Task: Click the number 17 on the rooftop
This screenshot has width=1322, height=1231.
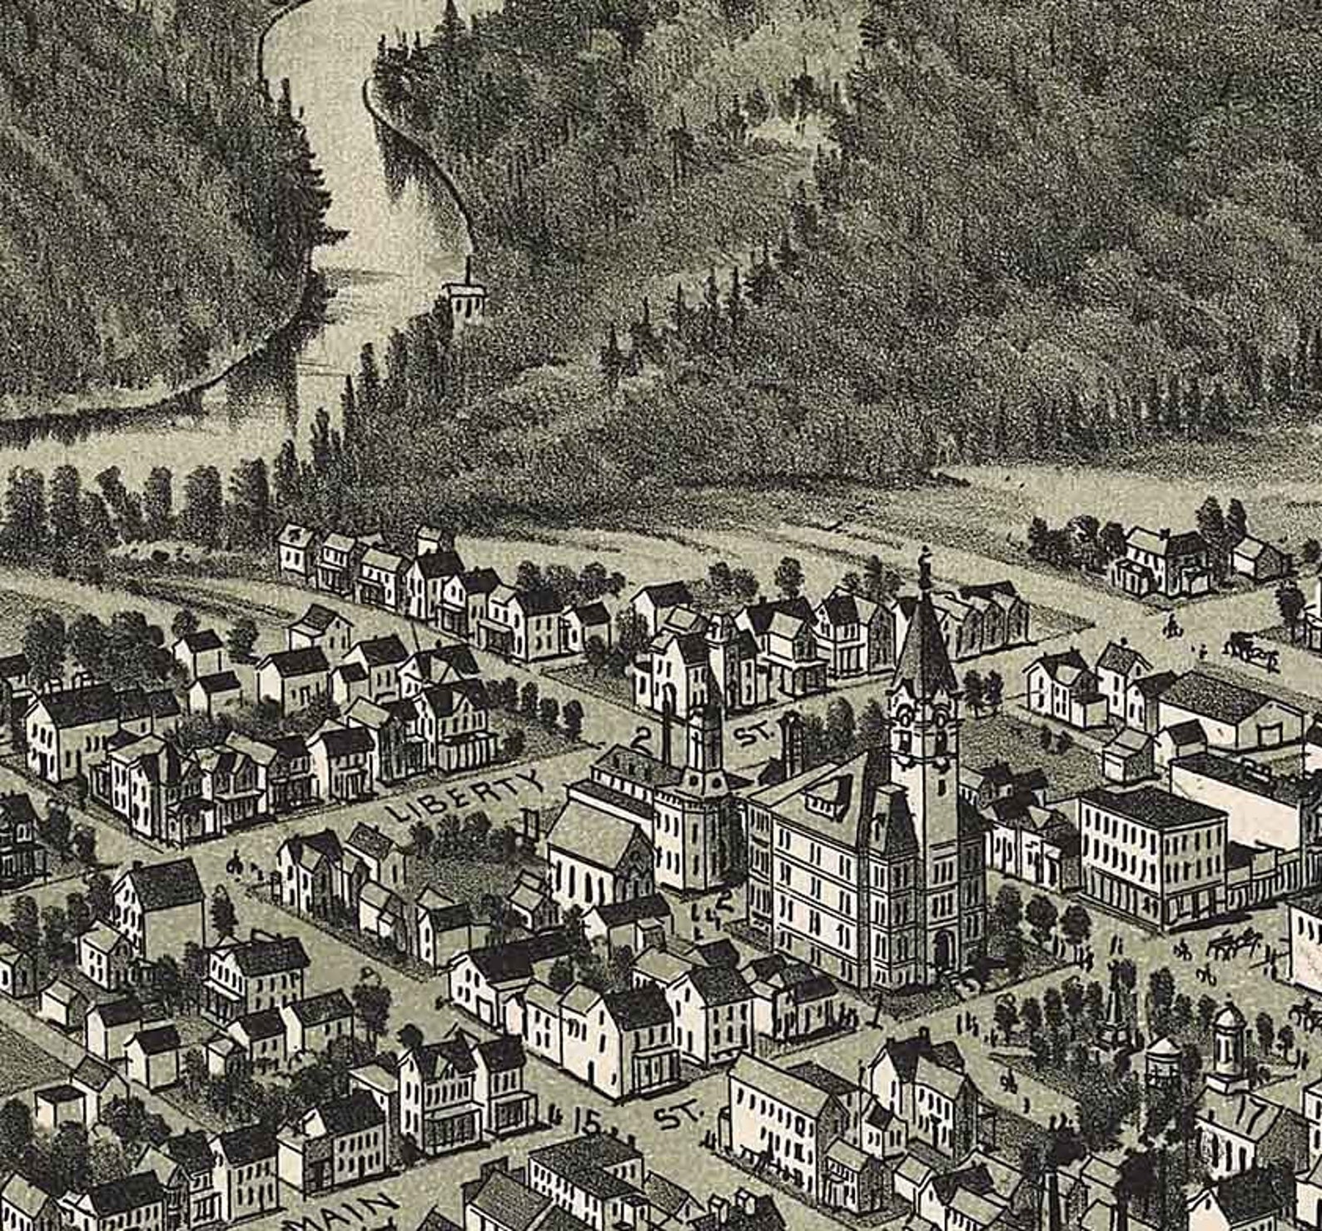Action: (x=1248, y=1114)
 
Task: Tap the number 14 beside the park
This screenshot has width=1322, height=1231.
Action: (x=969, y=1021)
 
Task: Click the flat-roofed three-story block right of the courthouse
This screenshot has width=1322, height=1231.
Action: (x=1153, y=854)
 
